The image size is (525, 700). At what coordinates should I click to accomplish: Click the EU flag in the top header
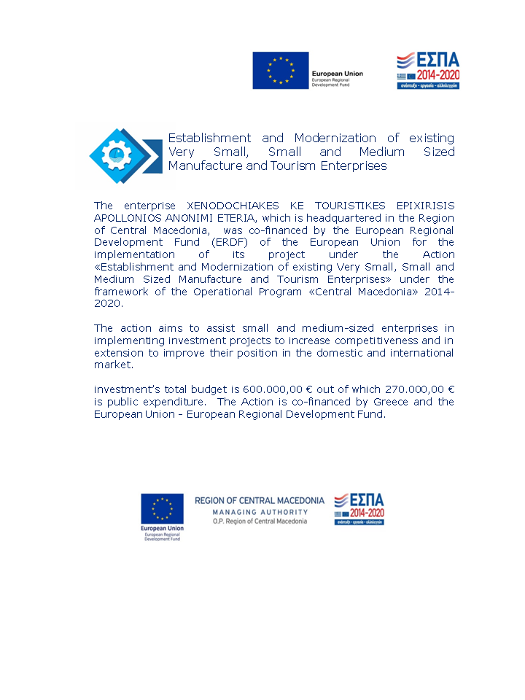tap(281, 71)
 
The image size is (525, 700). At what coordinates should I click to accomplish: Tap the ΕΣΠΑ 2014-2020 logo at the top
tap(428, 71)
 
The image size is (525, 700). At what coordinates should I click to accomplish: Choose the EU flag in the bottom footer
tap(163, 509)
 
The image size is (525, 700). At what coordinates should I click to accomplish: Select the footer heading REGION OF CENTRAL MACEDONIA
tap(260, 501)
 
